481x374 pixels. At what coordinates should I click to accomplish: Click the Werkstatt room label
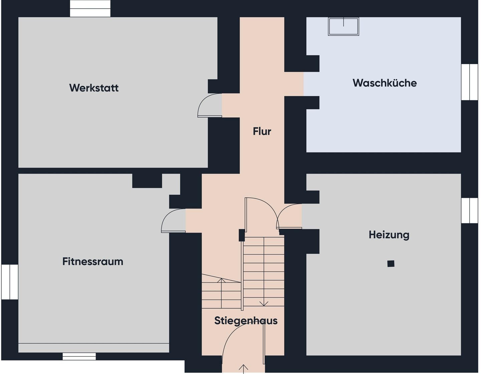94,88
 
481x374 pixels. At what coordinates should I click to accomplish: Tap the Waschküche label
385,83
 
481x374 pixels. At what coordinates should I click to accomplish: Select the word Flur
262,131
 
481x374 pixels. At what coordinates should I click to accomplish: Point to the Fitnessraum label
93,261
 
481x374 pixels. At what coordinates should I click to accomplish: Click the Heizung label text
389,235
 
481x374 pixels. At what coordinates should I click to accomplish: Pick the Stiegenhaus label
246,321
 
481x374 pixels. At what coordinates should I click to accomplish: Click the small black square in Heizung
391,263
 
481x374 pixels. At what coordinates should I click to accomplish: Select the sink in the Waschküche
343,26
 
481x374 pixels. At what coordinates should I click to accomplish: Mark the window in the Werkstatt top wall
90,8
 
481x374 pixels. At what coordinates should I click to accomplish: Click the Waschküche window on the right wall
470,82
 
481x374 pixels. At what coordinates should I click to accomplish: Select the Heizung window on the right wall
470,210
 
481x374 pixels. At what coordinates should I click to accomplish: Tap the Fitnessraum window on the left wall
10,282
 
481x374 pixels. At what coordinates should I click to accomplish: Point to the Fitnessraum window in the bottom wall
79,356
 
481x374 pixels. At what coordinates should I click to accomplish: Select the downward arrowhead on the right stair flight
264,303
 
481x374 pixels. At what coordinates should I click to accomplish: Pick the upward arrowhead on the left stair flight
221,280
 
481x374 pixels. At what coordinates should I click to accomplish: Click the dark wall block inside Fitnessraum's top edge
147,181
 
